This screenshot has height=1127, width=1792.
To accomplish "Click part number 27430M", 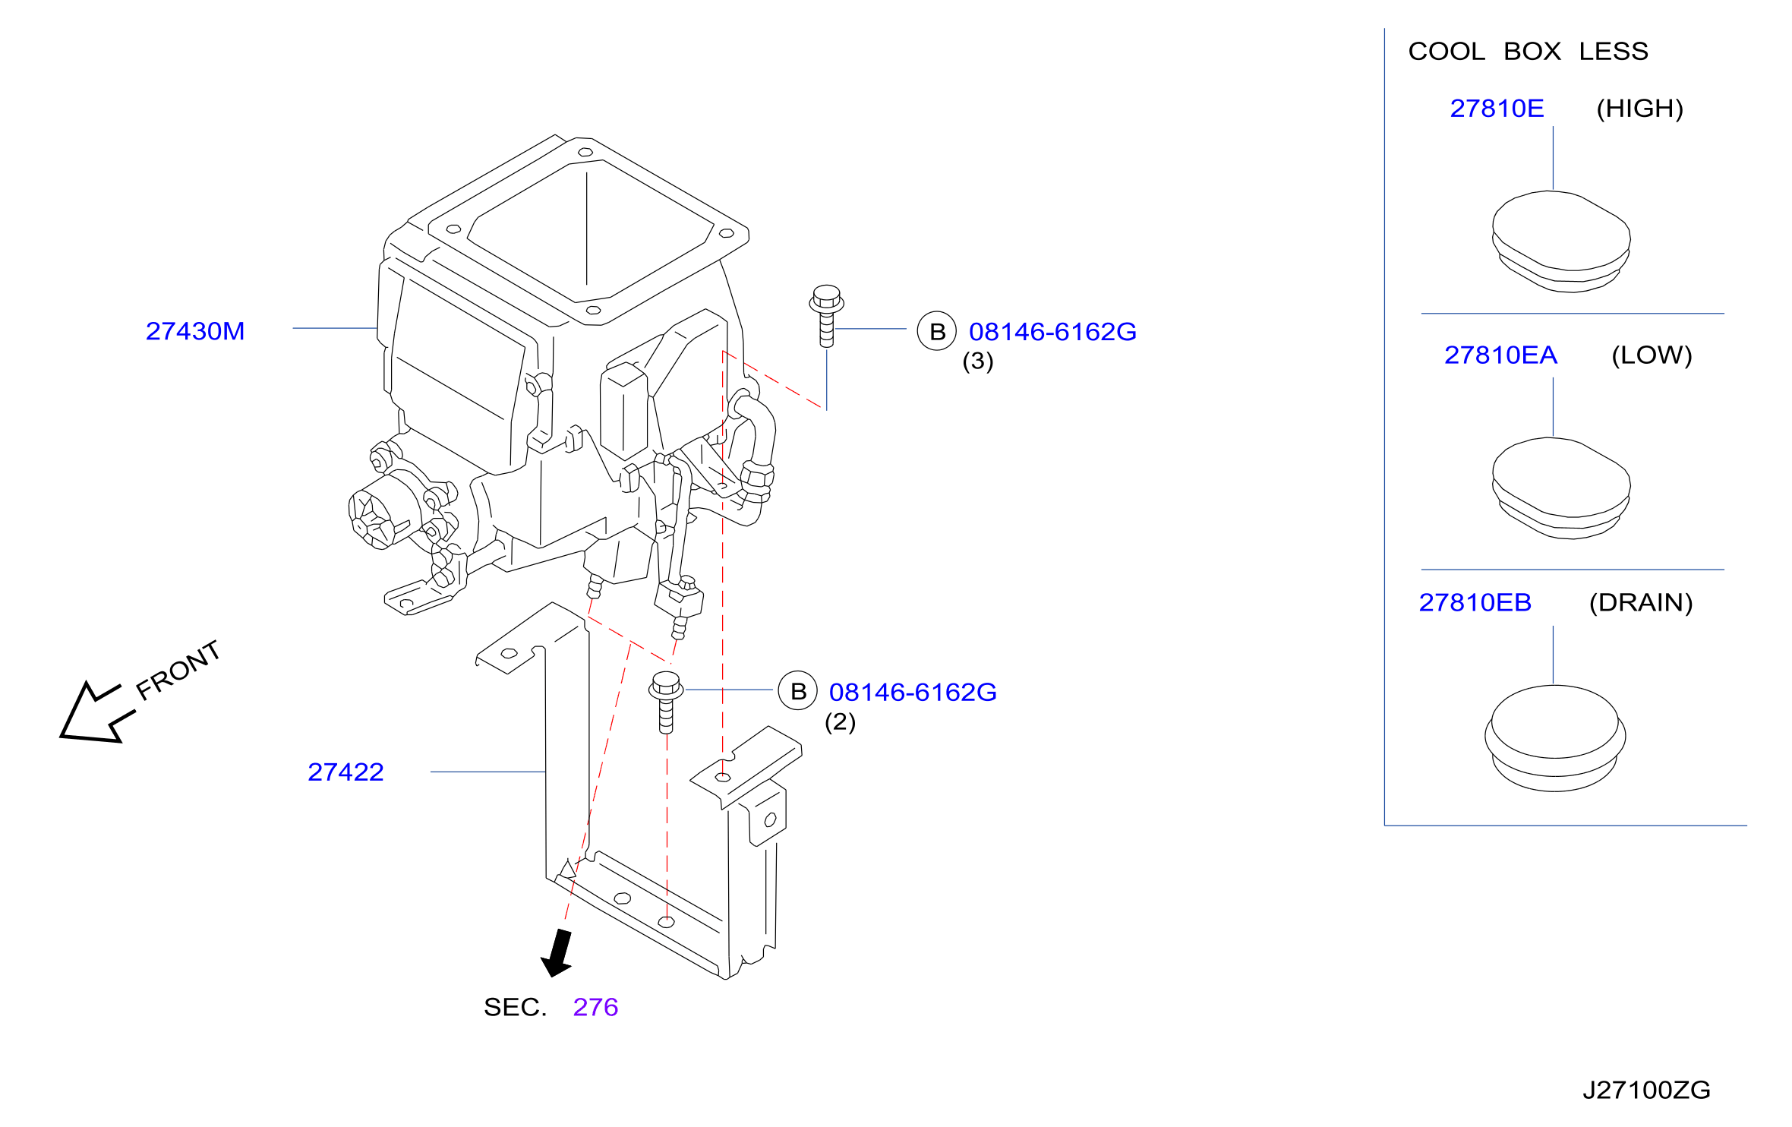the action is point(195,331).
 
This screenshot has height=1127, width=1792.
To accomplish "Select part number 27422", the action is point(345,772).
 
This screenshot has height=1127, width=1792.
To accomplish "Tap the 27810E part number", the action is point(1497,109).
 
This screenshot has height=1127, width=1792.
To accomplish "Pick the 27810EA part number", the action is point(1500,355).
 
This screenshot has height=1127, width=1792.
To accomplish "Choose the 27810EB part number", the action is point(1475,603).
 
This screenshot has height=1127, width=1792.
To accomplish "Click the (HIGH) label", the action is point(1639,109).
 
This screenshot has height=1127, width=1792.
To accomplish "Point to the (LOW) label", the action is point(1652,355).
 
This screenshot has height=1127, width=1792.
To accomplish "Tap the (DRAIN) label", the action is point(1641,603).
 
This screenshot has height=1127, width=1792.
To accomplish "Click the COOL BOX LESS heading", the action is point(1528,52).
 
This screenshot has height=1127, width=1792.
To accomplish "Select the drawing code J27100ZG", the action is point(1646,1091).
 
